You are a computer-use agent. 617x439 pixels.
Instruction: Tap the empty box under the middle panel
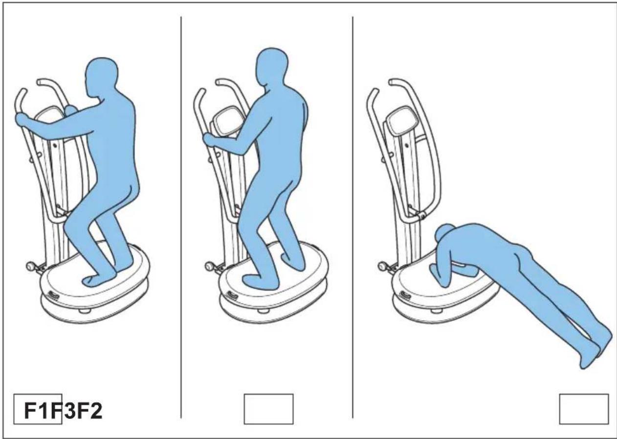[x=268, y=409]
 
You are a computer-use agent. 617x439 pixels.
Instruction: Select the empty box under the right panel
[x=584, y=409]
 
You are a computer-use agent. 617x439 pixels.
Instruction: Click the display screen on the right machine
[x=401, y=121]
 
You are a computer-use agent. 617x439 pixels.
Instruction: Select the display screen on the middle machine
[x=225, y=122]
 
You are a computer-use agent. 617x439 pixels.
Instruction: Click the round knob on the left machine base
[x=31, y=267]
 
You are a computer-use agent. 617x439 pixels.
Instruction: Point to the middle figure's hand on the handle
[x=209, y=141]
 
